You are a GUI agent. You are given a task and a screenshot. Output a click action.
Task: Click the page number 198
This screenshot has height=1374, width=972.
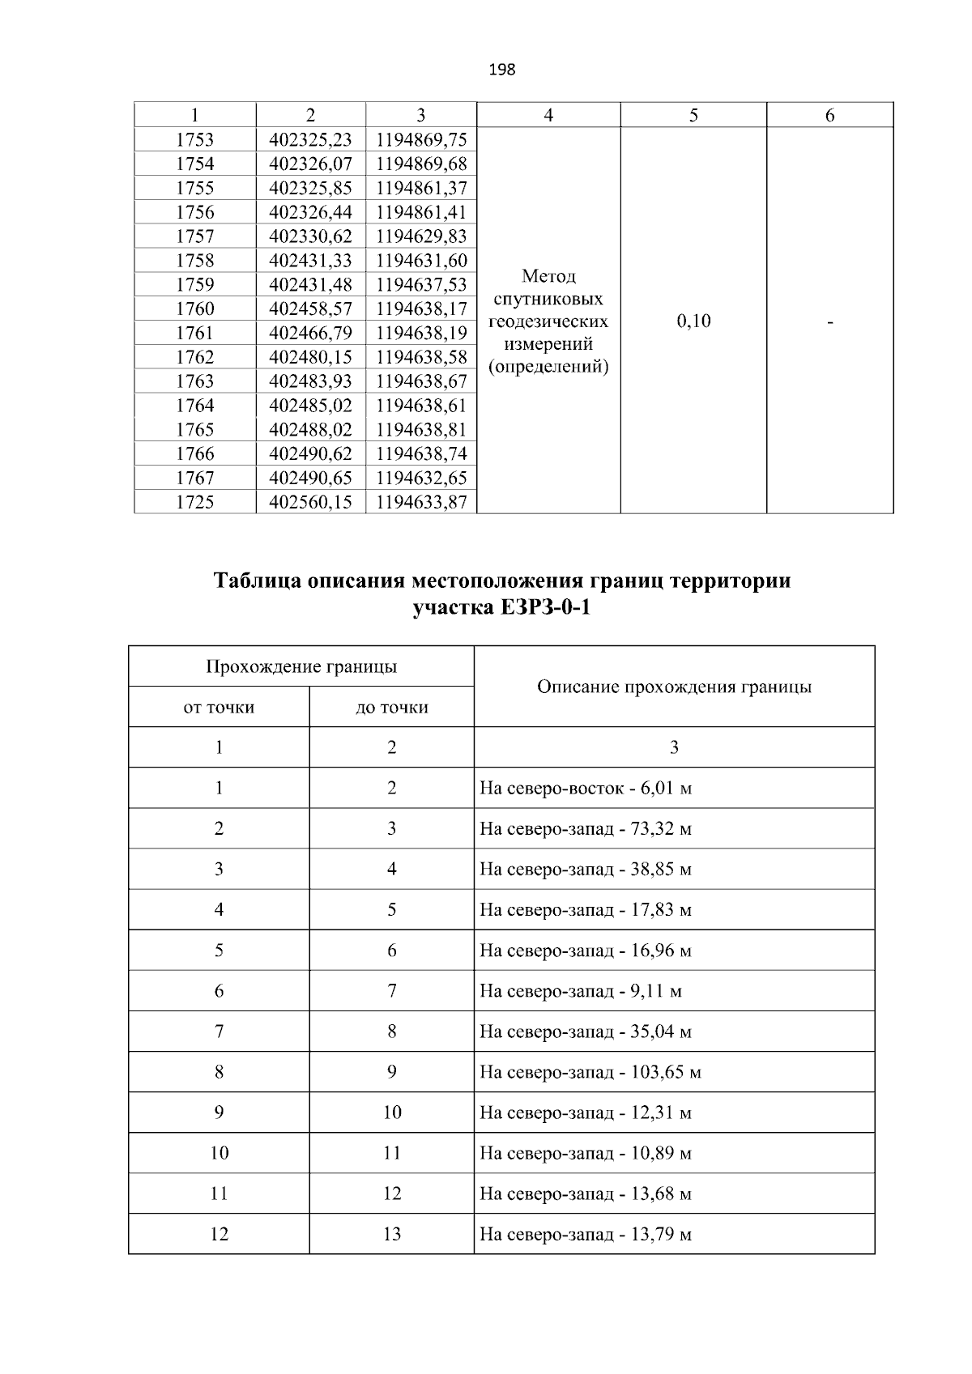coord(502,70)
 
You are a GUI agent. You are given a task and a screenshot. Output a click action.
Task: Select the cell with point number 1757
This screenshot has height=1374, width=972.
coord(195,236)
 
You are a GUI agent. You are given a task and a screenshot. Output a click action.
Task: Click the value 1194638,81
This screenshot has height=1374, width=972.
coord(421,429)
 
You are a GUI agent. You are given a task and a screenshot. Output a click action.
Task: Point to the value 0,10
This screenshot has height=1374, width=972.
coord(693,321)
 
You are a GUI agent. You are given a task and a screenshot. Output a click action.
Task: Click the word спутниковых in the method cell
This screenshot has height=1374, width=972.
coord(548,299)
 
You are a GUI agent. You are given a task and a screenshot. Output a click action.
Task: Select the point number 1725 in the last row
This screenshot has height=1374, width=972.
coord(195,502)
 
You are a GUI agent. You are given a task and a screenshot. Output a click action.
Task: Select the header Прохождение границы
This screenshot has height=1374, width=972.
coord(301,666)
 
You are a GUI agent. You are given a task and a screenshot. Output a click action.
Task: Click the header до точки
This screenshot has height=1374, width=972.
coord(392,707)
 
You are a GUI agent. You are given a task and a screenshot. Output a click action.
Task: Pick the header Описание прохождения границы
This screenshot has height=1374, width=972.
coord(674,687)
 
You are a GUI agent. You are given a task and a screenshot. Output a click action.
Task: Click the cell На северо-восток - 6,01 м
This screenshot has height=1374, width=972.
coord(586,788)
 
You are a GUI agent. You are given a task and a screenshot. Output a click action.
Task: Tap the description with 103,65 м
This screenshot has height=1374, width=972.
coord(590,1072)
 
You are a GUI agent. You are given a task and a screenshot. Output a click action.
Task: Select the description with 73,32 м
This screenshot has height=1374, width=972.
coord(586,828)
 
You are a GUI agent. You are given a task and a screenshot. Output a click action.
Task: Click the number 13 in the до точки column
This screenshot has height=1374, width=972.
coord(392,1234)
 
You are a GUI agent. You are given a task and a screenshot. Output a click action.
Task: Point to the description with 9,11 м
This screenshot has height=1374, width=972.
coord(581,991)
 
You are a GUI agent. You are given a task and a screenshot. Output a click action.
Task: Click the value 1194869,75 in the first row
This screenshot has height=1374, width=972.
coord(421,139)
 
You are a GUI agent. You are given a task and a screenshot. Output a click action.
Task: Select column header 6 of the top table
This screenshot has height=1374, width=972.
coord(829,115)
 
